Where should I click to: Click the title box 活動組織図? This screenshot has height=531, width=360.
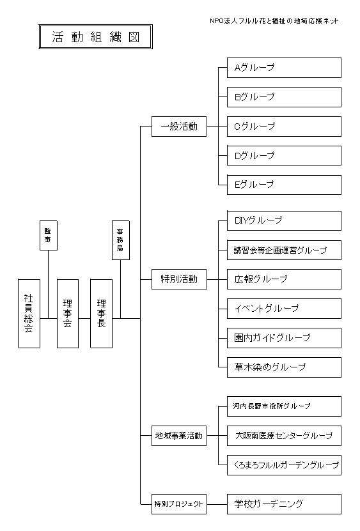click(95, 36)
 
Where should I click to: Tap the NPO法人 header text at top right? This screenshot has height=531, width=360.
click(274, 21)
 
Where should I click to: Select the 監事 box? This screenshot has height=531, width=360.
click(49, 235)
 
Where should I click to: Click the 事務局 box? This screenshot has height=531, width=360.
click(121, 240)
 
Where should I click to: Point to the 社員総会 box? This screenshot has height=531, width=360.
click(29, 314)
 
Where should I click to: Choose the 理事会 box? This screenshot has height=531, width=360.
click(68, 314)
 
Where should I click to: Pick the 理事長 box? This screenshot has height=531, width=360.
click(102, 314)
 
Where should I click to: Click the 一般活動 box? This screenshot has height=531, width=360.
click(179, 127)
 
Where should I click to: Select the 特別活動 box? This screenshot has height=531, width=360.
click(179, 279)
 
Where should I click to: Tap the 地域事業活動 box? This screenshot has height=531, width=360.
click(179, 436)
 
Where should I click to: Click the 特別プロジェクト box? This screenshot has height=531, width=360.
click(179, 504)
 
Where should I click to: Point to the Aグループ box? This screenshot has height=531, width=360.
click(284, 68)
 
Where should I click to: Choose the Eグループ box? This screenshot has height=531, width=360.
click(284, 185)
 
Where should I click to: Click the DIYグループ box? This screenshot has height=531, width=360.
click(284, 221)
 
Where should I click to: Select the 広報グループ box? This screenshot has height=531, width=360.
click(284, 279)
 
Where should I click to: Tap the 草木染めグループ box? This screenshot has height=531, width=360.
click(284, 367)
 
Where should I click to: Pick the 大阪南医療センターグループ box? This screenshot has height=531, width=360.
click(284, 436)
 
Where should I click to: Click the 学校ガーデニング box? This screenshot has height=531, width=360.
click(284, 504)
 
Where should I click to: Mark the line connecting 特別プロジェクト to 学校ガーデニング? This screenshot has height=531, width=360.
click(217, 504)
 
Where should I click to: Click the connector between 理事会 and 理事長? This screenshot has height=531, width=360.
click(84, 318)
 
